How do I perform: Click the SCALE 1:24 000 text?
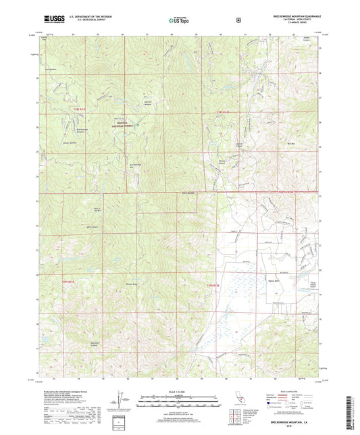(x=180, y=392)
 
